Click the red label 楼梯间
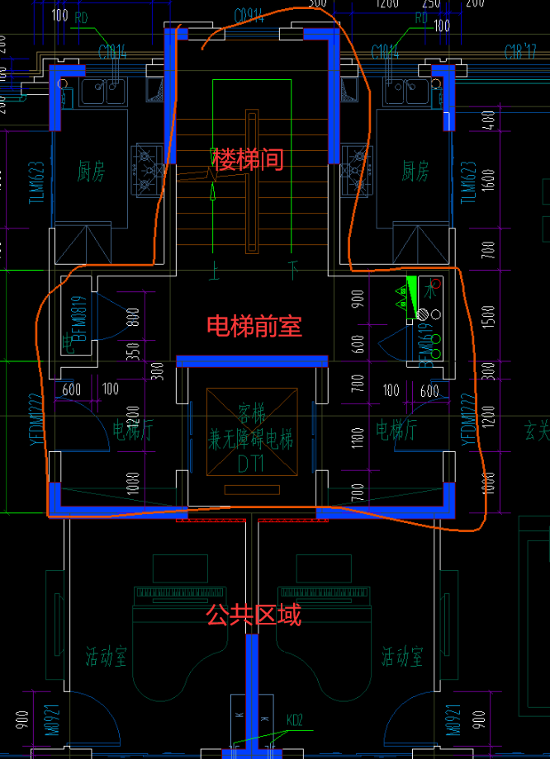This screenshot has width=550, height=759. point(249,159)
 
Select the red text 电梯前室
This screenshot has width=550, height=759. point(254,326)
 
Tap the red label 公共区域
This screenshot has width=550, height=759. point(254,615)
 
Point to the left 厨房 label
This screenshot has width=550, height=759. point(92,172)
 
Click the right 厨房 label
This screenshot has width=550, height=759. point(415,172)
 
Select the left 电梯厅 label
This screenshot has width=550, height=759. point(132,430)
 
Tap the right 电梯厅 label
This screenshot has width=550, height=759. point(396,430)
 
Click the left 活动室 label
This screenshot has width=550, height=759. point(107,658)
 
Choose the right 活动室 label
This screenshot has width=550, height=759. point(402,658)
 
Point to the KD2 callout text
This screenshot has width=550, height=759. point(294,720)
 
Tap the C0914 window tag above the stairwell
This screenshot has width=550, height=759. point(249,16)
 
